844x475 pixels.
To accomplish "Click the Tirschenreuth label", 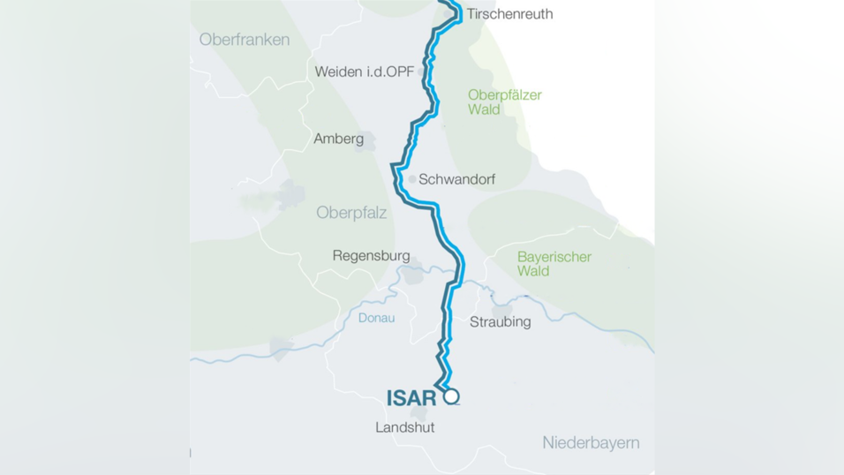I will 510,14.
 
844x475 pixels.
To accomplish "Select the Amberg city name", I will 338,139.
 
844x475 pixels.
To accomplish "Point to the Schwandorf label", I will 456,179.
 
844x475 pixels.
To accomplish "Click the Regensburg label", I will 371,256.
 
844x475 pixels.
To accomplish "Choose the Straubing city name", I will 500,321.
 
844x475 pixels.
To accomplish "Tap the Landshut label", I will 404,427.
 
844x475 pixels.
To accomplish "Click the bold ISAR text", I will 411,398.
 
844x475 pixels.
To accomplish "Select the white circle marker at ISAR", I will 452,396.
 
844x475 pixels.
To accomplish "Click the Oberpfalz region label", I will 351,213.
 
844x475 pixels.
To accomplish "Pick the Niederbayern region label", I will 591,442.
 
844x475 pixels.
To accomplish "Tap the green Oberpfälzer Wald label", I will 504,102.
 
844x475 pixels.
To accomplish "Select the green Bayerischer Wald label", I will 554,264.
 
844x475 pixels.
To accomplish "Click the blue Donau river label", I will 376,318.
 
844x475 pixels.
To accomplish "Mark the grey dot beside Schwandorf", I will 411,179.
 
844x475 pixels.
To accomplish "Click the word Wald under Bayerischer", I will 533,271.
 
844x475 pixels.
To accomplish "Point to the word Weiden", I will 338,72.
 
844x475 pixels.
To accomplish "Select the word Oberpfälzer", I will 504,95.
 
